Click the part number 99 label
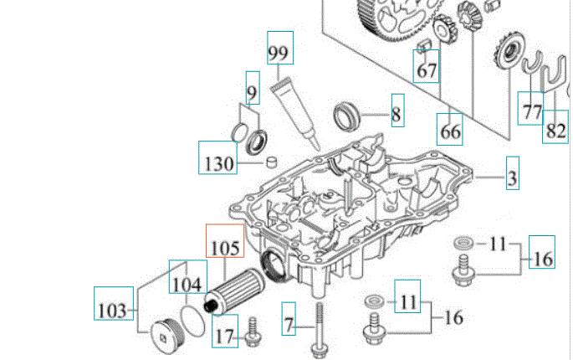(x=278, y=53)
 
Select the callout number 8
(x=396, y=113)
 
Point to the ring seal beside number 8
(x=348, y=114)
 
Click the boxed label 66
(x=451, y=131)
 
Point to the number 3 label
(x=511, y=177)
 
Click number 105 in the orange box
(x=224, y=248)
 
